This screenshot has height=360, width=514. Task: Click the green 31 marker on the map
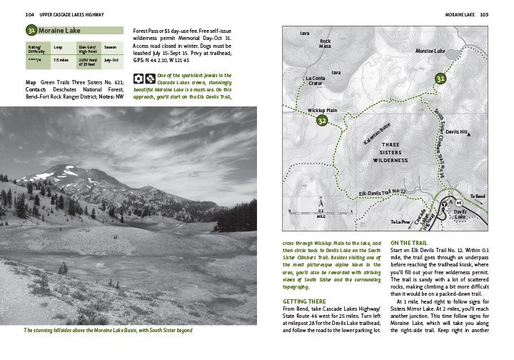coord(441,78)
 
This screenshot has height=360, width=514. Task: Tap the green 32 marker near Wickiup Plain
coord(321,121)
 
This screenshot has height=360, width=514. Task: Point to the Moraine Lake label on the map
coord(430,51)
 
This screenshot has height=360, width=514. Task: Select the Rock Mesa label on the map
coord(325,44)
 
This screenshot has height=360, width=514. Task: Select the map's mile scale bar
coord(321,212)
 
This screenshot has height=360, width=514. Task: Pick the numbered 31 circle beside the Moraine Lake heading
coord(31,31)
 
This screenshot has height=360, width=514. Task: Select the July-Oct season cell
coord(111,61)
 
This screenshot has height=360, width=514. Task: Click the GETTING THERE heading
coord(294,301)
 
